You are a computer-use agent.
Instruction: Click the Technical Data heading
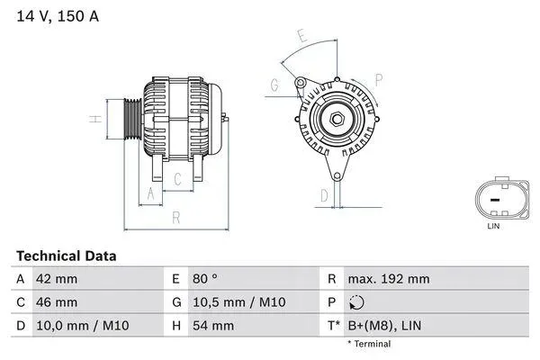coord(66,256)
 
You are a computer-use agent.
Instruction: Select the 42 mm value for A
coord(56,279)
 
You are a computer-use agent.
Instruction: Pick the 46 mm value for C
coord(56,301)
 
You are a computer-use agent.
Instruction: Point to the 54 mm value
coord(209,325)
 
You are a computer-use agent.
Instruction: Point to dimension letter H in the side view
coord(93,119)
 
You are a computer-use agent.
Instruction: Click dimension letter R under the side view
coord(177,217)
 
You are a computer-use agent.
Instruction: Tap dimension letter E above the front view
coord(303,38)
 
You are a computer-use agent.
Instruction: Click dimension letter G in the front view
coord(273,85)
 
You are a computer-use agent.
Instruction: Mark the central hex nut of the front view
coord(334,121)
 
